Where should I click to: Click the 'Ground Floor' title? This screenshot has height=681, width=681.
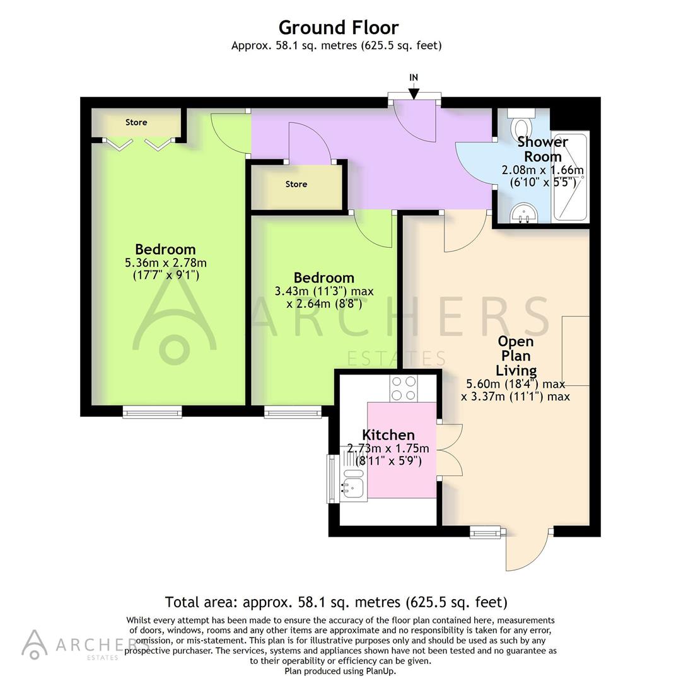click(x=339, y=28)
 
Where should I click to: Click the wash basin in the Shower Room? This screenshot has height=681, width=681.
click(x=521, y=214)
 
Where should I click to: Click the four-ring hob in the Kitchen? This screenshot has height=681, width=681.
click(x=404, y=388)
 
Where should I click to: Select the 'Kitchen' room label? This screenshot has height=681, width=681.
click(x=388, y=434)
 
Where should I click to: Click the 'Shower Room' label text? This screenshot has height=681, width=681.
click(x=542, y=149)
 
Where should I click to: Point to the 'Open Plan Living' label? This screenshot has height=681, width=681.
click(x=516, y=356)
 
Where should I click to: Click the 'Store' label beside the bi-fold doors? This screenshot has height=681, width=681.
click(x=136, y=122)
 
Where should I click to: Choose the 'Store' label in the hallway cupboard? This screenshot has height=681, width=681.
click(x=296, y=184)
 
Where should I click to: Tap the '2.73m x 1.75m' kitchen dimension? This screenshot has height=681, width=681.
click(x=388, y=448)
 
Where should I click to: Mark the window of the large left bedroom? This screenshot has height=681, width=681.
click(x=152, y=413)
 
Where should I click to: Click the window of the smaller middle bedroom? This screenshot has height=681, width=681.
click(x=293, y=413)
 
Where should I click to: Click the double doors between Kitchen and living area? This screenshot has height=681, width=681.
click(x=450, y=450)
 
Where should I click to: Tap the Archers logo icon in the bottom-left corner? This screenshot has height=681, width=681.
click(x=34, y=643)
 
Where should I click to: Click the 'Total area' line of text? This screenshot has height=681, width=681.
click(x=336, y=602)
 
